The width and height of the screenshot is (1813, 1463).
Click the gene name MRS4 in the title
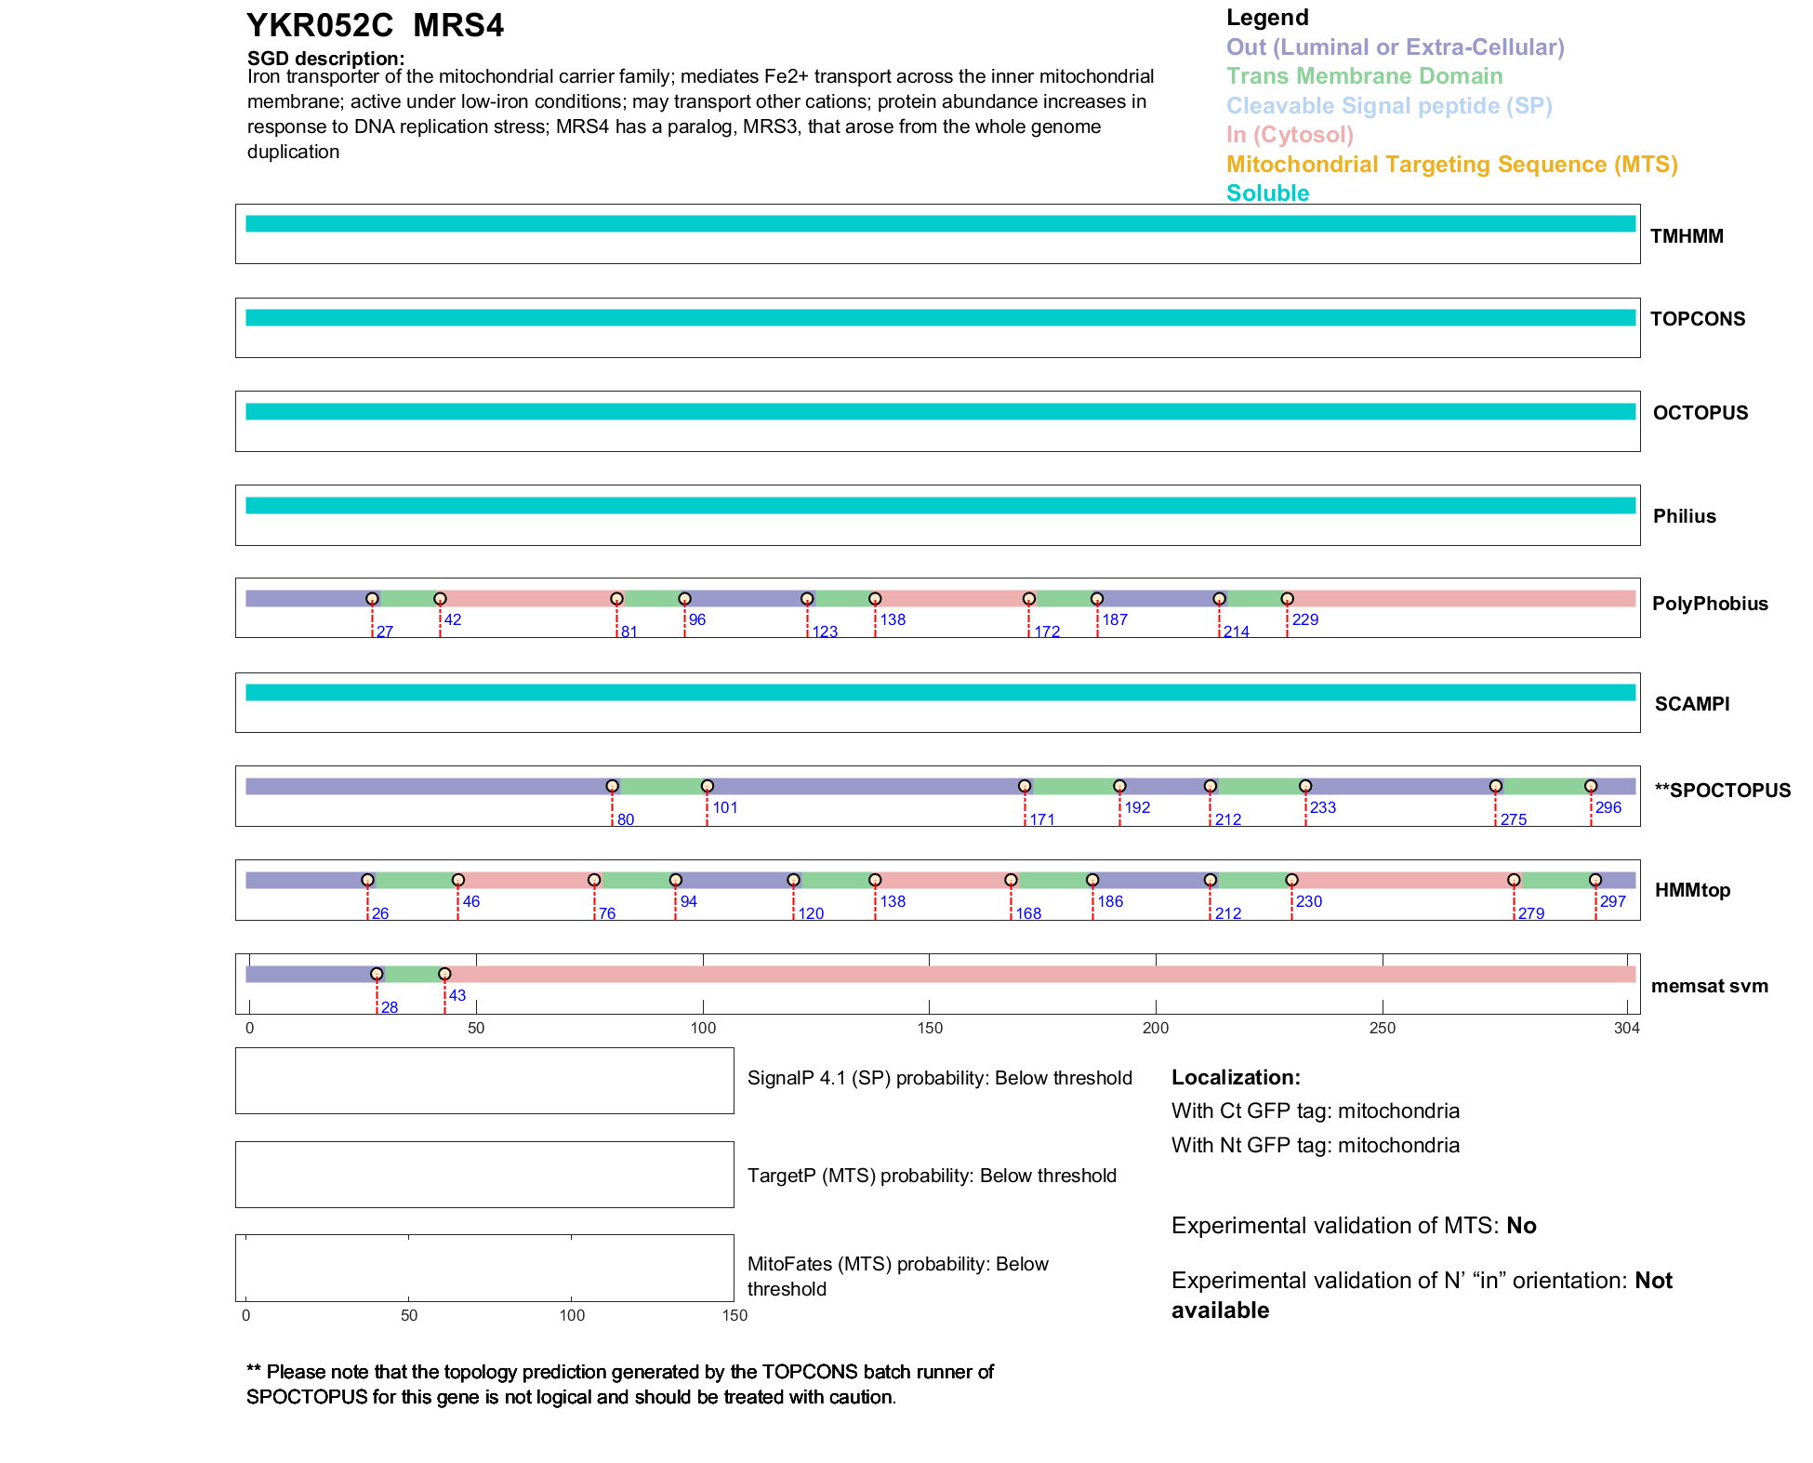point(458,26)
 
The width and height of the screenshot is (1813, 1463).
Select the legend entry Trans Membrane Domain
point(1364,76)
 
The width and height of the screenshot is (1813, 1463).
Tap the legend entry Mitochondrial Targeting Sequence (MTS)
point(1451,165)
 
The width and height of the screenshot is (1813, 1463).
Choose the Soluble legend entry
point(1267,193)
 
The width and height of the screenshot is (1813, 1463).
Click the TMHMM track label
point(1687,236)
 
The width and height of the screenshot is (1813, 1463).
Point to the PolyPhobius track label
point(1710,604)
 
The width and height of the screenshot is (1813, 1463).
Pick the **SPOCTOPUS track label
point(1722,791)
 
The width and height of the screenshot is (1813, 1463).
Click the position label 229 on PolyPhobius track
point(1304,620)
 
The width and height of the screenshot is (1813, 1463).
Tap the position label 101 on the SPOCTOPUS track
point(725,808)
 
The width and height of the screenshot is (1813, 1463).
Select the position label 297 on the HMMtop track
point(1612,901)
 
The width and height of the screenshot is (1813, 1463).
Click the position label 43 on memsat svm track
point(457,995)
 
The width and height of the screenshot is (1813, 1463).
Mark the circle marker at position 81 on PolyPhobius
point(616,599)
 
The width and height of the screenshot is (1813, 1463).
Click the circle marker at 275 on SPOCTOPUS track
point(1495,786)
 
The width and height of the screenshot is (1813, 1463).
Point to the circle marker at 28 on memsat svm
point(377,974)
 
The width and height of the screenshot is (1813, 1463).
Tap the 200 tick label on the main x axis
point(1156,1028)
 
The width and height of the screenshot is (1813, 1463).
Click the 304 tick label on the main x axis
point(1627,1028)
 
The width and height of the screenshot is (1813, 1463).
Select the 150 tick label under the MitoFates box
point(734,1315)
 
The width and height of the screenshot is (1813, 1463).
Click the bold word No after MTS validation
point(1521,1226)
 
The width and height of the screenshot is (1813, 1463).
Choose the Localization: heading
point(1236,1078)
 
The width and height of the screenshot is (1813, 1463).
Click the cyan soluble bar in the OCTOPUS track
point(939,412)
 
